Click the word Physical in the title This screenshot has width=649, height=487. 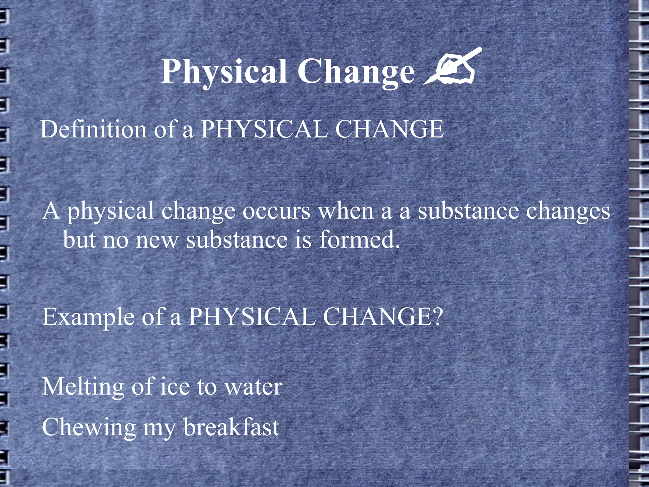(x=224, y=72)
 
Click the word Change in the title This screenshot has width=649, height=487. (x=356, y=72)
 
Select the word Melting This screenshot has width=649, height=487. (x=83, y=387)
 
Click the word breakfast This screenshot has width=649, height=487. (x=231, y=427)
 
